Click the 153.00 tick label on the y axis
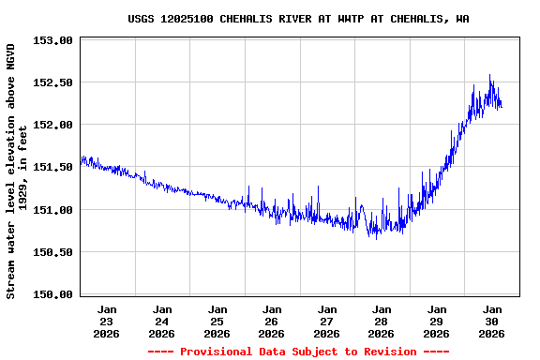[x=52, y=40]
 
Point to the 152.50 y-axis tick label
[x=52, y=82]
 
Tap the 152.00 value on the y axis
[x=52, y=125]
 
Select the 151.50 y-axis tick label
[x=52, y=167]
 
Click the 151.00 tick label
[x=52, y=210]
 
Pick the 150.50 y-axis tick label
[x=52, y=252]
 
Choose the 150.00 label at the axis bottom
[x=52, y=294]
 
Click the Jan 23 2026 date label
[x=107, y=321]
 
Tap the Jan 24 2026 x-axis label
[x=162, y=321]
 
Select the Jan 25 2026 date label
[x=217, y=321]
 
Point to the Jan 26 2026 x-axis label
[x=272, y=321]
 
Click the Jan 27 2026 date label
[x=327, y=321]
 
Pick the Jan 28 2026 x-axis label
[x=382, y=321]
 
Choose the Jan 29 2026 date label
[x=437, y=321]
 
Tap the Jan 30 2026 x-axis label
[x=492, y=321]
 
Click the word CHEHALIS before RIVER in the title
[x=261, y=19]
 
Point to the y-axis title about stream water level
[x=16, y=171]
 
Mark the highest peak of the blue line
[x=489, y=76]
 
